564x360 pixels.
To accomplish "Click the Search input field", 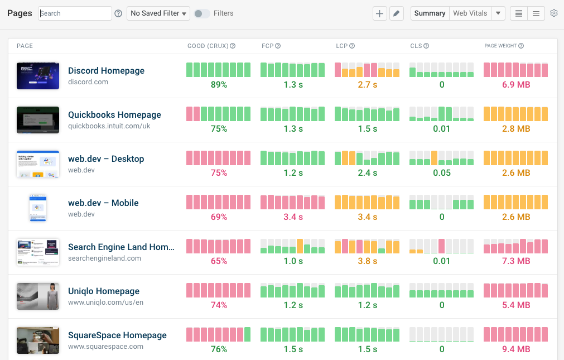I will [75, 13].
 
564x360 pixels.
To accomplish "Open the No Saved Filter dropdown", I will [158, 13].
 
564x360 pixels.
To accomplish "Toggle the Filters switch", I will [201, 13].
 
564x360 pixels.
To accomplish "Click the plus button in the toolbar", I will [380, 13].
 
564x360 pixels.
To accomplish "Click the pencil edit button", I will [396, 13].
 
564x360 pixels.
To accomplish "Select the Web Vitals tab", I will [470, 13].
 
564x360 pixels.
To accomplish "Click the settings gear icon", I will [553, 13].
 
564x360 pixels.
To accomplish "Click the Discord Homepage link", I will [106, 71].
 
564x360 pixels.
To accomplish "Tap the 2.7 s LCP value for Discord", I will [367, 85].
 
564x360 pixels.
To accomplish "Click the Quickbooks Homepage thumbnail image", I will [38, 120].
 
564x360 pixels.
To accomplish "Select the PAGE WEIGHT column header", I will [502, 46].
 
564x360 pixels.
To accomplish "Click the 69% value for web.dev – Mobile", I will [219, 217].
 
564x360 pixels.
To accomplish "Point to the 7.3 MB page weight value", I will [515, 261].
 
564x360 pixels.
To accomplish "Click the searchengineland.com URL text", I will [104, 258].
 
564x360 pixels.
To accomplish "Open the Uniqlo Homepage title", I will [104, 291].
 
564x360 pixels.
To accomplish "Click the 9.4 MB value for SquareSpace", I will [515, 349].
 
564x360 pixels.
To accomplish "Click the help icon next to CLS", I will [427, 46].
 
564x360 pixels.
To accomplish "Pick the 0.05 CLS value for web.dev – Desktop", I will [442, 173].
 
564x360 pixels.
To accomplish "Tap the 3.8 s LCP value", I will [367, 261].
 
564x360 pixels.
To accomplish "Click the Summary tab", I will [430, 13].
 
